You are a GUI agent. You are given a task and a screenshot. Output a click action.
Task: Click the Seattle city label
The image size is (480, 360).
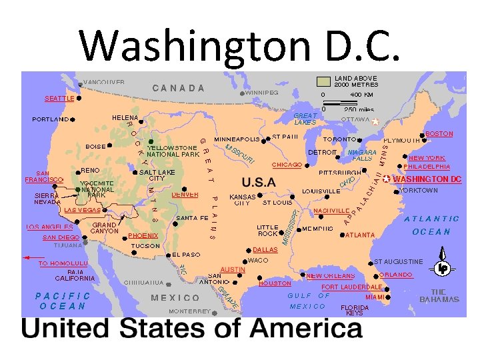click(x=59, y=98)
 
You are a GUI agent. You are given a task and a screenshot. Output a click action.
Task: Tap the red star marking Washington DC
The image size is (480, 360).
click(x=386, y=179)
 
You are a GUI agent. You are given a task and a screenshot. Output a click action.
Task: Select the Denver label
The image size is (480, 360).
click(x=185, y=195)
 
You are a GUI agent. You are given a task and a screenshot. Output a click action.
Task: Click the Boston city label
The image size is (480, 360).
click(x=439, y=133)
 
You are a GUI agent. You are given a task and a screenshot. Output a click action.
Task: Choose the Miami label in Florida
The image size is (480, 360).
click(x=375, y=297)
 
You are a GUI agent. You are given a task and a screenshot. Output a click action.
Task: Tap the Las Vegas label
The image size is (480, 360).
click(x=81, y=209)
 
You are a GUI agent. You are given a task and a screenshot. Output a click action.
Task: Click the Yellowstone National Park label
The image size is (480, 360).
click(x=173, y=151)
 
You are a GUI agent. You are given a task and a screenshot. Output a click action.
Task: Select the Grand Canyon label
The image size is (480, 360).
click(x=105, y=228)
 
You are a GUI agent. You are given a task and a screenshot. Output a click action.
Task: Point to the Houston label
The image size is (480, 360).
click(x=275, y=283)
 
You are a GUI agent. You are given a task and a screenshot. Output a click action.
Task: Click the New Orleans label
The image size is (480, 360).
click(x=330, y=275)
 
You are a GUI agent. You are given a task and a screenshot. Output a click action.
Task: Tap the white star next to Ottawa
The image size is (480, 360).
click(x=375, y=121)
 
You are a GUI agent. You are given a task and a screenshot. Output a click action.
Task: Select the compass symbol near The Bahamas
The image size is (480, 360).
click(x=442, y=267)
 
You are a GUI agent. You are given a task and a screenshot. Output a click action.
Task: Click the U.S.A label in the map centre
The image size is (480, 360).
click(x=259, y=182)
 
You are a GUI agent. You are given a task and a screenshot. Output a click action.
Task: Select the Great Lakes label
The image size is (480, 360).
click(x=305, y=119)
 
